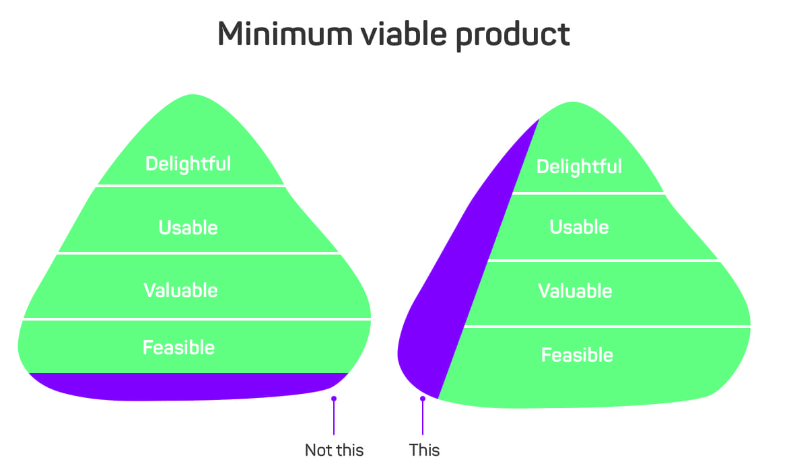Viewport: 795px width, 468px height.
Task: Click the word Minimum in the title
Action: (x=285, y=34)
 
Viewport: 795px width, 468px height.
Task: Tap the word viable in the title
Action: (x=404, y=34)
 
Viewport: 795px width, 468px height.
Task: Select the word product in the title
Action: (x=512, y=36)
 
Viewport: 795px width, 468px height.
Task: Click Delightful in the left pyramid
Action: (x=188, y=164)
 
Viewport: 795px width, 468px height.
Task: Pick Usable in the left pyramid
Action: (x=188, y=228)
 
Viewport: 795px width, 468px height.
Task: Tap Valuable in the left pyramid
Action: (x=180, y=290)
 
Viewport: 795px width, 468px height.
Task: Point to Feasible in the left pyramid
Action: (x=179, y=348)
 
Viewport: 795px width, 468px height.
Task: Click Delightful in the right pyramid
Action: (x=579, y=166)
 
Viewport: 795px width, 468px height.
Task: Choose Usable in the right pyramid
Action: (x=579, y=227)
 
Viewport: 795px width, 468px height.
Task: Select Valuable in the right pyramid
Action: (x=575, y=291)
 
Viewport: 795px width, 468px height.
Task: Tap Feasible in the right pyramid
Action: (x=577, y=355)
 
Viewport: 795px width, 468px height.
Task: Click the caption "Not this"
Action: (x=334, y=450)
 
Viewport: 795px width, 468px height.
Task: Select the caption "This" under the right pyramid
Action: (x=424, y=450)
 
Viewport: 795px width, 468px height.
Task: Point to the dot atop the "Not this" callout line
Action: (x=334, y=399)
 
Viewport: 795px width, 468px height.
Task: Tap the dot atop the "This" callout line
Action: (x=422, y=399)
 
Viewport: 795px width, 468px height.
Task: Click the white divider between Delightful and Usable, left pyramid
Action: (x=191, y=186)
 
